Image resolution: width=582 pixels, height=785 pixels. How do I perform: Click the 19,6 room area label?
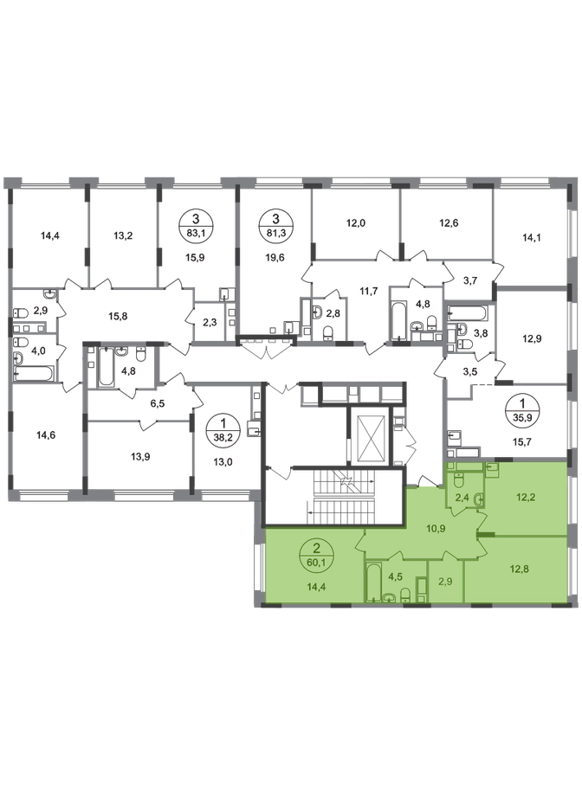pos(275,257)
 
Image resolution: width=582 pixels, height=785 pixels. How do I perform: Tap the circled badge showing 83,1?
pos(196,224)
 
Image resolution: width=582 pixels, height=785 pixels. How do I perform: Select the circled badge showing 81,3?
pos(275,224)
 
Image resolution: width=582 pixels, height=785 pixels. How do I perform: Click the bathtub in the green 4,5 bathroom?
pos(372,582)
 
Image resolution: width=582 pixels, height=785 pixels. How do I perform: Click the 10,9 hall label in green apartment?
pos(437,528)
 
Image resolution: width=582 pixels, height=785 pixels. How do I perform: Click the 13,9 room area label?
pos(141,457)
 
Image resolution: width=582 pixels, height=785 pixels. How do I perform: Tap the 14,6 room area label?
pos(46,435)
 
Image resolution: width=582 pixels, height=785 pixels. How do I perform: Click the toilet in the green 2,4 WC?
pos(459,481)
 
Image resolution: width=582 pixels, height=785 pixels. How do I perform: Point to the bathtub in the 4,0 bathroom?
pos(33,374)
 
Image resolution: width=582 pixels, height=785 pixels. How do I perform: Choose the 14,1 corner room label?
pos(530,238)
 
